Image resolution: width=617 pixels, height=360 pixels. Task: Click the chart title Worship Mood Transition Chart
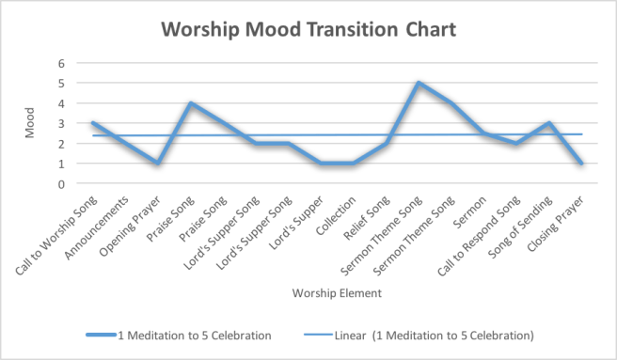pyautogui.click(x=308, y=29)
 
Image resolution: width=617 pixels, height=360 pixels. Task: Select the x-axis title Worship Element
pyautogui.click(x=337, y=294)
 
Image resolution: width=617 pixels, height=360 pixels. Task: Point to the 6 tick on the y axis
pyautogui.click(x=63, y=63)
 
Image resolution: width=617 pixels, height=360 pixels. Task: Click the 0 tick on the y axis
pyautogui.click(x=63, y=184)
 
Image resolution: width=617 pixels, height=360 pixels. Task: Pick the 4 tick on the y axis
pyautogui.click(x=63, y=103)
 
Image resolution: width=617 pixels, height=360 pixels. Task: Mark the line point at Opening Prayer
pyautogui.click(x=158, y=164)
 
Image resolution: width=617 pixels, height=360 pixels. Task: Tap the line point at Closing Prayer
pyautogui.click(x=582, y=164)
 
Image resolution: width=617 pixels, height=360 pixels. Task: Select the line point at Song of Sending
pyautogui.click(x=549, y=123)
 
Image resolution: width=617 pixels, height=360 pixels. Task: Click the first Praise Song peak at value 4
pyautogui.click(x=191, y=103)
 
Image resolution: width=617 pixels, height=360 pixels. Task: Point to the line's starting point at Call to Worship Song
pyautogui.click(x=92, y=123)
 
